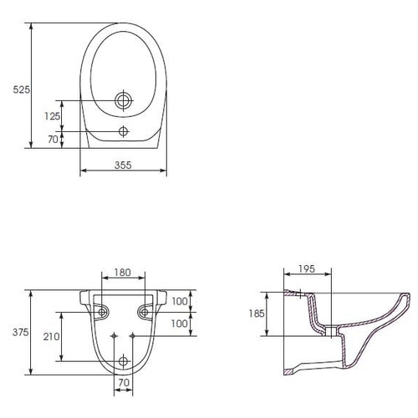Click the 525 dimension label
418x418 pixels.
[22, 89]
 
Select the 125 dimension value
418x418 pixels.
[53, 116]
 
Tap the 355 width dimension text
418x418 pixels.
[123, 165]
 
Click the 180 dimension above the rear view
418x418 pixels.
[123, 273]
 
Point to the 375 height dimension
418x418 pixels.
[20, 332]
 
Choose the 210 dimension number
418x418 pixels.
[51, 337]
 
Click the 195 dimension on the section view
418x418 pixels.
[307, 269]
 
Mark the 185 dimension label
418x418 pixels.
[257, 313]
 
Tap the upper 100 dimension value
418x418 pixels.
[180, 301]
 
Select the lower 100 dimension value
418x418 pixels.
[180, 324]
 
